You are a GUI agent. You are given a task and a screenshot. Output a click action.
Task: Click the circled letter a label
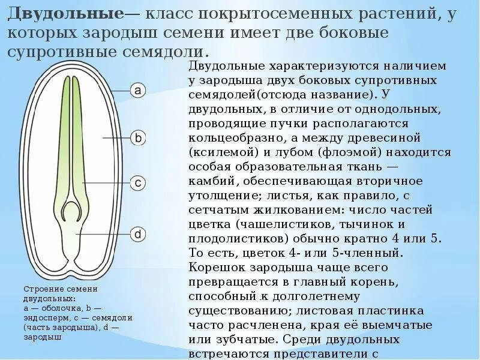pos(137,91)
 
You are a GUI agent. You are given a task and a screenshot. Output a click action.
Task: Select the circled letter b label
pos(137,138)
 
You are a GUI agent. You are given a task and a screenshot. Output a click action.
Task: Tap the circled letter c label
pos(137,182)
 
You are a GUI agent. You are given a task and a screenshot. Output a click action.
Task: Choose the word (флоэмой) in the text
pos(340,152)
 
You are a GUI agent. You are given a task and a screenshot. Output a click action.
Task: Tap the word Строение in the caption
pos(41,289)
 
